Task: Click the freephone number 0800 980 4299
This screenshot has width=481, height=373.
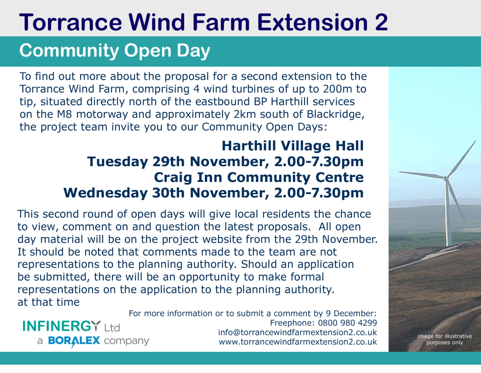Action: coord(347,323)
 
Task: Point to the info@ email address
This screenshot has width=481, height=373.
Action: coord(297,333)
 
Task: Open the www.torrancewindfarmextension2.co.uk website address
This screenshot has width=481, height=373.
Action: coord(298,342)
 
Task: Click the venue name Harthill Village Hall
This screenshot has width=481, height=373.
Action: coord(293,146)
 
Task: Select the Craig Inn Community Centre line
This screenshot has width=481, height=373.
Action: coord(259,178)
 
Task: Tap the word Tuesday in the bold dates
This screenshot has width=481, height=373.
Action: coord(117,162)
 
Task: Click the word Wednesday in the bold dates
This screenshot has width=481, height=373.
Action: coord(106,193)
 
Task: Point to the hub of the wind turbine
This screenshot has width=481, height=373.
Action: coord(446,177)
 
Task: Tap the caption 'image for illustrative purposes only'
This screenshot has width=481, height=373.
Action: coord(445,339)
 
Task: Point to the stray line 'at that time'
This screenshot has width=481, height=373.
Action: coord(48,302)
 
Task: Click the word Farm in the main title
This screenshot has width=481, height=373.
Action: coord(221,22)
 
